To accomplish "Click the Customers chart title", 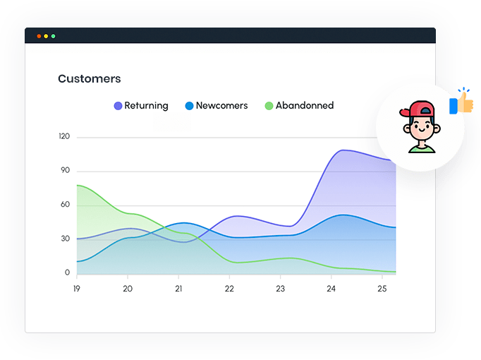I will point(89,79).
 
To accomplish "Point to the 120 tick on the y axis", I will point(64,136).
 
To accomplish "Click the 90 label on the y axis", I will point(65,170).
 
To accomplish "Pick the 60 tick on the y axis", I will point(65,205).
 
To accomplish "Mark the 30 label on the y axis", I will point(65,239).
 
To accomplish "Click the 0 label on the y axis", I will point(68,272).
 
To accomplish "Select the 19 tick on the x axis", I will point(77,289).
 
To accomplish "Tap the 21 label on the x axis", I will point(178,289).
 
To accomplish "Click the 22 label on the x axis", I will point(229,289).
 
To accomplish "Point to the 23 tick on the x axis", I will point(280,289).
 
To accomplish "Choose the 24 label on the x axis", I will point(331,289).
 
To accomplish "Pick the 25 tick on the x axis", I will point(382,289).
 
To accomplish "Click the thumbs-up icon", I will point(462,103).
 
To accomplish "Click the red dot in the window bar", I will point(39,36).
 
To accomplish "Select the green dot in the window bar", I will point(53,36).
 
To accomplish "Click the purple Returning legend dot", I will point(118,106).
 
